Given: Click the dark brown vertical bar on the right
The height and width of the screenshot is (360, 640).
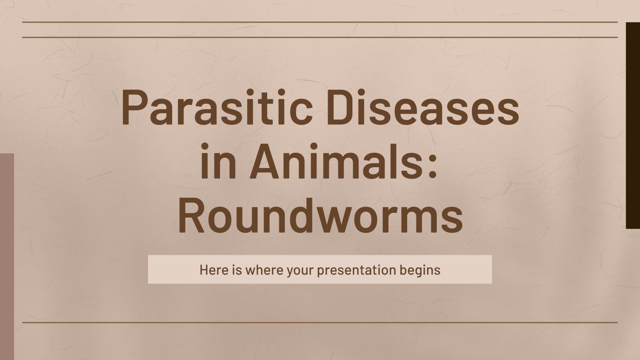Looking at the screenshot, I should pyautogui.click(x=633, y=125).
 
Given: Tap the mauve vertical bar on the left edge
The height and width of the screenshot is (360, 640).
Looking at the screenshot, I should pyautogui.click(x=7, y=256).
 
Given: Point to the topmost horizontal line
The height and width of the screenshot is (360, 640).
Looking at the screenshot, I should pyautogui.click(x=320, y=22).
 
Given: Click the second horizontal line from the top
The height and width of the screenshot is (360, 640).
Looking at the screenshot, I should pyautogui.click(x=320, y=37).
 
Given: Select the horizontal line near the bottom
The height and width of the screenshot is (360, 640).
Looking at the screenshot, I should pyautogui.click(x=320, y=322).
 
